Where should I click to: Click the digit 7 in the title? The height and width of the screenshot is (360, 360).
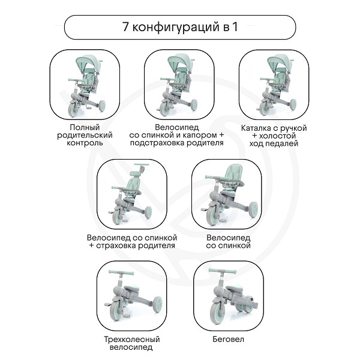(125, 27)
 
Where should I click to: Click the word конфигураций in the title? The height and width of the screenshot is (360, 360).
(176, 28)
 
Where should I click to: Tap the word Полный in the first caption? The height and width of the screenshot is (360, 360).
(85, 127)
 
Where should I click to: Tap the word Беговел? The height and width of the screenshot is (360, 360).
(228, 339)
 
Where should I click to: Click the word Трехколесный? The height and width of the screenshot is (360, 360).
(132, 340)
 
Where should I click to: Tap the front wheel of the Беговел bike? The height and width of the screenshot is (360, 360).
(217, 311)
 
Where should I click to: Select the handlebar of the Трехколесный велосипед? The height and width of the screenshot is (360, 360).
(121, 273)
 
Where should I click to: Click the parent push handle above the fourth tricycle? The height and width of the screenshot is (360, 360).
(142, 164)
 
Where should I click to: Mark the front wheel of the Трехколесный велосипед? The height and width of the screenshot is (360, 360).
(118, 311)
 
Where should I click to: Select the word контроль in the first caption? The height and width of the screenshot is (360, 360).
(85, 143)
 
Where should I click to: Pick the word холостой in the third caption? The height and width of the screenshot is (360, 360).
(277, 136)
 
